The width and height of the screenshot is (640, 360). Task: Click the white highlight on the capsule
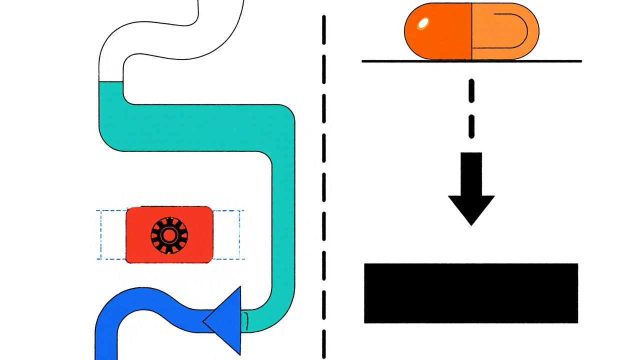pyautogui.click(x=423, y=22)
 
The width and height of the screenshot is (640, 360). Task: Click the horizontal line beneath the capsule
pyautogui.click(x=471, y=61)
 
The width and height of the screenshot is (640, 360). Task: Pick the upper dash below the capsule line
pyautogui.click(x=471, y=91)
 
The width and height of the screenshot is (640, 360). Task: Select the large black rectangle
pyautogui.click(x=471, y=293)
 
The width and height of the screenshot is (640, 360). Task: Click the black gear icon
pyautogui.click(x=169, y=234)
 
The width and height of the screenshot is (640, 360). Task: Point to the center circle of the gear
pyautogui.click(x=169, y=234)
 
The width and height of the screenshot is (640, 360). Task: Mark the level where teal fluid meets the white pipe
pyautogui.click(x=111, y=81)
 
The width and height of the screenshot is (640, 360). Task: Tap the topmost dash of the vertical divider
pyautogui.click(x=324, y=25)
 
